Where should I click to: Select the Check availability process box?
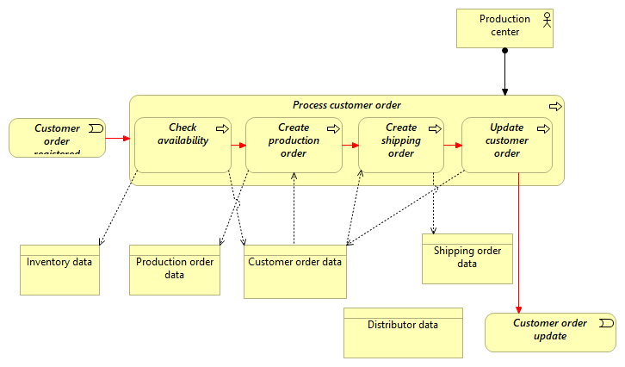pyautogui.click(x=183, y=145)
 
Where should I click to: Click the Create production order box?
pyautogui.click(x=294, y=145)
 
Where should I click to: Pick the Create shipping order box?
pyautogui.click(x=401, y=145)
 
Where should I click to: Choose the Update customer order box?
pyautogui.click(x=507, y=145)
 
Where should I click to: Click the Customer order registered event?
pyautogui.click(x=57, y=138)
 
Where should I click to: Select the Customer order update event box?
pyautogui.click(x=550, y=333)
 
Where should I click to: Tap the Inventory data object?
pyautogui.click(x=59, y=270)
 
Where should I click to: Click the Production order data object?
pyautogui.click(x=175, y=270)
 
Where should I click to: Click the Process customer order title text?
pyautogui.click(x=346, y=105)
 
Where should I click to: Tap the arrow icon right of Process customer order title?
pyautogui.click(x=555, y=106)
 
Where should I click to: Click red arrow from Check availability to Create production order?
pyautogui.click(x=238, y=145)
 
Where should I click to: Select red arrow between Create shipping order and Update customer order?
pyautogui.click(x=453, y=145)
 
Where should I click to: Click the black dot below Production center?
pyautogui.click(x=505, y=51)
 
